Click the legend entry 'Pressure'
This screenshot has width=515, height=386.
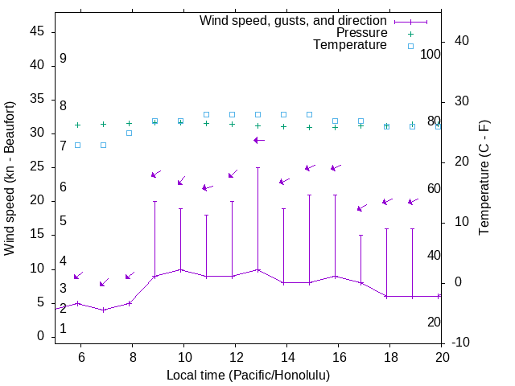point(361,33)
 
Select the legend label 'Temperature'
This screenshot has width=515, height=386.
point(350,45)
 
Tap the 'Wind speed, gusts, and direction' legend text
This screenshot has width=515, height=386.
point(294,21)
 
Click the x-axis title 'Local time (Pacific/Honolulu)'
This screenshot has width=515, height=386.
point(248,376)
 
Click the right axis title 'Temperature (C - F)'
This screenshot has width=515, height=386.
point(484,179)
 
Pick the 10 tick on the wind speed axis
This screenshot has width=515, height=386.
point(37,269)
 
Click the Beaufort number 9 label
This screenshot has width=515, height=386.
point(63,59)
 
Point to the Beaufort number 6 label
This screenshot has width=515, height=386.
point(63,187)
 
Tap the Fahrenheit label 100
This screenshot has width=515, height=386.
point(431,54)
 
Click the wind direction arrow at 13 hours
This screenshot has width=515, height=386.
point(258,140)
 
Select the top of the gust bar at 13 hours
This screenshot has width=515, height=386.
point(257,167)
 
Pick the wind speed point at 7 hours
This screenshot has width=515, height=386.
point(104,310)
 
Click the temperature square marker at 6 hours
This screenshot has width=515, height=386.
point(77,145)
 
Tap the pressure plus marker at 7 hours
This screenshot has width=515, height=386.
point(103,124)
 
